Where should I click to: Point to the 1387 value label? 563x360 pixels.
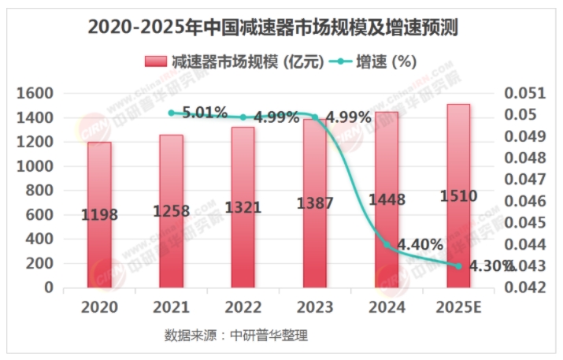click(x=313, y=204)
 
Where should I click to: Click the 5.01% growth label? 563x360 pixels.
click(x=205, y=112)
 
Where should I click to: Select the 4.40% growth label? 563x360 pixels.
click(x=420, y=244)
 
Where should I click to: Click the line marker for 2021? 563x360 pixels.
click(x=171, y=113)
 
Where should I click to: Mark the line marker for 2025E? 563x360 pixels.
click(x=458, y=265)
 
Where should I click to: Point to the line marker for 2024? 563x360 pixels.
click(x=387, y=244)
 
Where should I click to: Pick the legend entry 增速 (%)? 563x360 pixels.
click(x=376, y=61)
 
